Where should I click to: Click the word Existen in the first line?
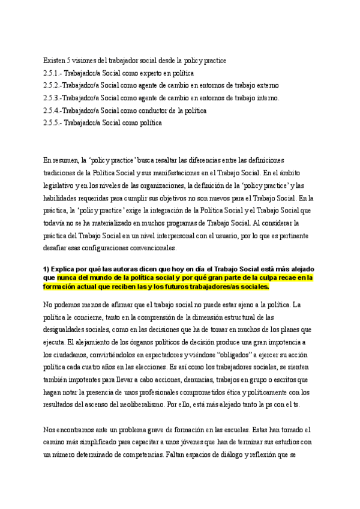point(54,61)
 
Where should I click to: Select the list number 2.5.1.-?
point(53,73)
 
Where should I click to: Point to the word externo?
point(266,85)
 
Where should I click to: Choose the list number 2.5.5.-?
point(53,123)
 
